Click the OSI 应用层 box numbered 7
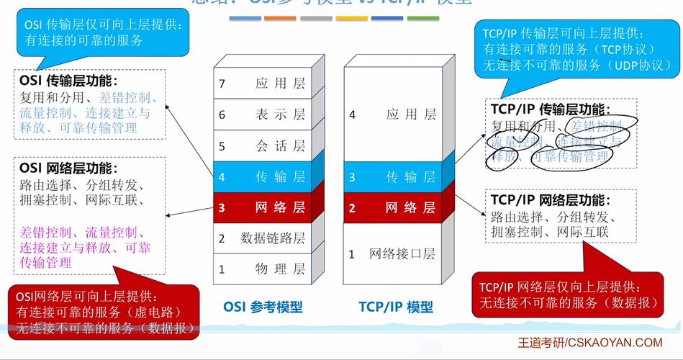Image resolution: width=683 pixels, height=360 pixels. point(262,84)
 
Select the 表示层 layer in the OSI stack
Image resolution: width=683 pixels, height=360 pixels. point(262,114)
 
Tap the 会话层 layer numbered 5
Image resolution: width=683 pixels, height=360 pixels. point(262,146)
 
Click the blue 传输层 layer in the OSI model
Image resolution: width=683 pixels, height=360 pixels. point(262,176)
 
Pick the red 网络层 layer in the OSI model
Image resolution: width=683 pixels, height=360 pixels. point(262,208)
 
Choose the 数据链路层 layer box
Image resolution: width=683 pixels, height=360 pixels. point(262,238)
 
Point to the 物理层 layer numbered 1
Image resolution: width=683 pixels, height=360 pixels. point(262,269)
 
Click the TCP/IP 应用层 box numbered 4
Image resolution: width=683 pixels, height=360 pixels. point(393,114)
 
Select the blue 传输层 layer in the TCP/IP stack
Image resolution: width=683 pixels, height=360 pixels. point(393,176)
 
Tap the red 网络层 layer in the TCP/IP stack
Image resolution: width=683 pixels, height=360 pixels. point(393,208)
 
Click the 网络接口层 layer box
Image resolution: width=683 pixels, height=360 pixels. point(393,253)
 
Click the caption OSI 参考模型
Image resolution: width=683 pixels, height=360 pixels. point(263,307)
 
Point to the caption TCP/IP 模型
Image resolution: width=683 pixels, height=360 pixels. point(396,307)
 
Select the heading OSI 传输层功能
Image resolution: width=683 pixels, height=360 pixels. point(69,81)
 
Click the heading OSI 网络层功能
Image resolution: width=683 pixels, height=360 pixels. point(69,168)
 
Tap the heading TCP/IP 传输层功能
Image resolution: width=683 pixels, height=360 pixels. point(551,109)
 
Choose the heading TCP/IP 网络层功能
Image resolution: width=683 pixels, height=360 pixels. point(551,200)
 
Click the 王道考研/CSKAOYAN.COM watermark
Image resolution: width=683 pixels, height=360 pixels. point(590,343)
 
